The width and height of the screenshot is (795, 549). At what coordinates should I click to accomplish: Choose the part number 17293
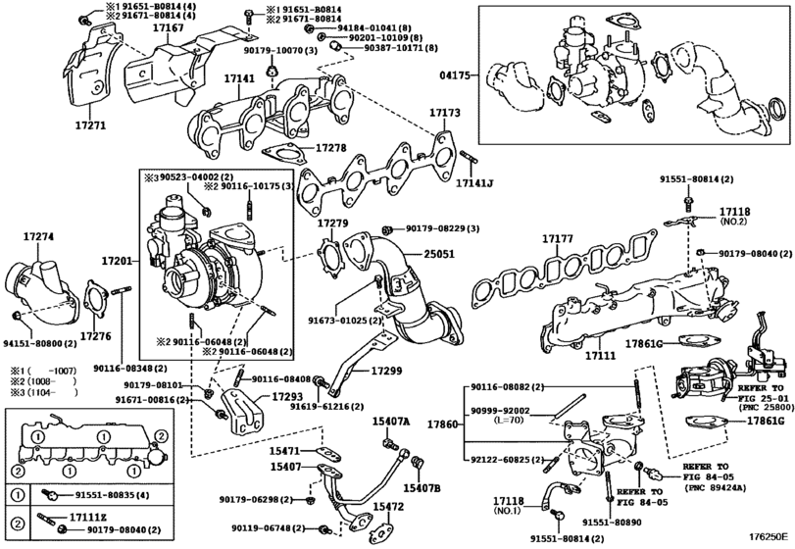point(287,396)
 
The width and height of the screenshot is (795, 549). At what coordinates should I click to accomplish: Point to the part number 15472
point(388,507)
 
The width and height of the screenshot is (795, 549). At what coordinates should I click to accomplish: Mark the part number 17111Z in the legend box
point(88,516)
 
